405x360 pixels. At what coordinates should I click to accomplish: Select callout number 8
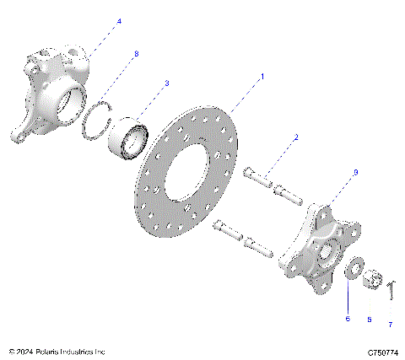(x=136, y=54)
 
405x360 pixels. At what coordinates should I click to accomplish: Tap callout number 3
(x=167, y=83)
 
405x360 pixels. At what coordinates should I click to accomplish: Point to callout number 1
(x=262, y=77)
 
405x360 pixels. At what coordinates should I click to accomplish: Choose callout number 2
(x=296, y=137)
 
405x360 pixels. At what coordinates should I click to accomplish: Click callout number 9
(x=355, y=172)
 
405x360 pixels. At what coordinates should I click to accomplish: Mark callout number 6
(x=347, y=319)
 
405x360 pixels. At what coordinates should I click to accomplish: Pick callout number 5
(x=368, y=320)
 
